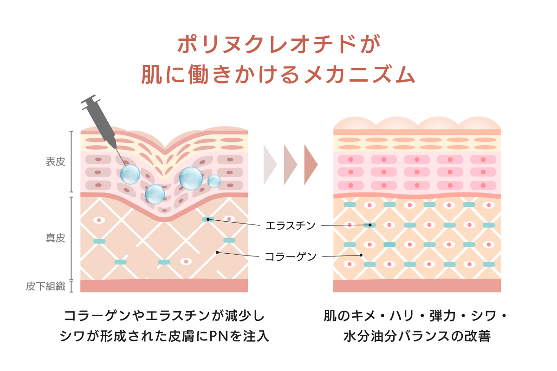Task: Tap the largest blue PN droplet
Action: tap(191, 178)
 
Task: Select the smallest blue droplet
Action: tap(214, 181)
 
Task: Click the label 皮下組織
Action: tap(45, 286)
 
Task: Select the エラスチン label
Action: tap(290, 226)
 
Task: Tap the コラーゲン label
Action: tap(290, 256)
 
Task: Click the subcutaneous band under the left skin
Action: tap(164, 286)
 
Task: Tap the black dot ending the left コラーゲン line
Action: tap(217, 252)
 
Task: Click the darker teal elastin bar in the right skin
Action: tap(389, 244)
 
